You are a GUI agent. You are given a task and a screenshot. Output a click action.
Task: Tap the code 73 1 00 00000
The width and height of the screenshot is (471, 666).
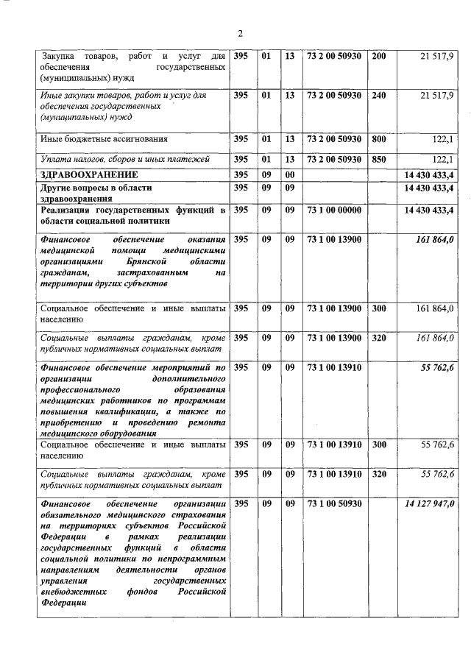[x=334, y=210]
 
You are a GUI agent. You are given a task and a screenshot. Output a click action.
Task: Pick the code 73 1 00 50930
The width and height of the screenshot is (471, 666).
[x=334, y=503]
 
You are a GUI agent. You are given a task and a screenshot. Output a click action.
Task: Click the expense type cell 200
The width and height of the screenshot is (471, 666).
[x=379, y=56]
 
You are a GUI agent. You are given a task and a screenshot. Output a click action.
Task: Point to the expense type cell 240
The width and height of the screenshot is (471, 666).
[x=379, y=95]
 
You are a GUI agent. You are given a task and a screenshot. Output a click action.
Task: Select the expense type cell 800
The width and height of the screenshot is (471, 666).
[x=379, y=138]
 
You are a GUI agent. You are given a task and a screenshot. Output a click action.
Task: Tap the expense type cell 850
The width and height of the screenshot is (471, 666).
[x=379, y=158]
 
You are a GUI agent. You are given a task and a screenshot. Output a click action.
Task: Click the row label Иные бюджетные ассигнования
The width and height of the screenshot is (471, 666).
[x=104, y=138]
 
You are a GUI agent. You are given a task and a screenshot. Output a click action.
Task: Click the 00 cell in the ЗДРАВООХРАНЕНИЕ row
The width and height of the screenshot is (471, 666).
[x=290, y=174]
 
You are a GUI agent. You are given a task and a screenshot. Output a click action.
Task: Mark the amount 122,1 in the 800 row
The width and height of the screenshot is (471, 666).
[x=441, y=138]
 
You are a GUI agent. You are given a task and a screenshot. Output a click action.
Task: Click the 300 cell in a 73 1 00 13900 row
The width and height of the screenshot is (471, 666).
[x=379, y=308]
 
